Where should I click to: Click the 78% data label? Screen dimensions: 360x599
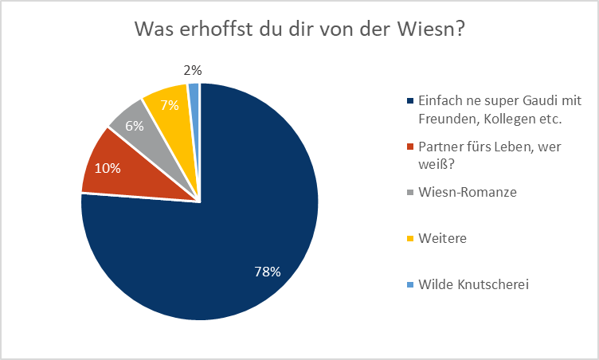(x=267, y=272)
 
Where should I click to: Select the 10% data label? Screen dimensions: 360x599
(x=108, y=167)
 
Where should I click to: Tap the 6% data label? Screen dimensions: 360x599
(x=134, y=125)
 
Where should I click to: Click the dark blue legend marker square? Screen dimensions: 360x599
(x=410, y=102)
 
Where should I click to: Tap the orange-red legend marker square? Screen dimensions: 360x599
(x=410, y=147)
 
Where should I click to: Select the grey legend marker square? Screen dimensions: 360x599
(x=410, y=192)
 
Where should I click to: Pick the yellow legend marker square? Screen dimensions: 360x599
(x=410, y=237)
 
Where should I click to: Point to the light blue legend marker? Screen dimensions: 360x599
(x=410, y=283)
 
